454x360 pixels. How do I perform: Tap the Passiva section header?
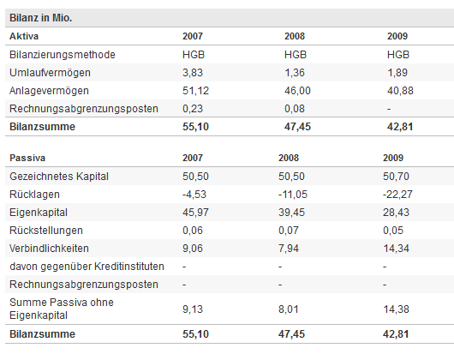pos(28,159)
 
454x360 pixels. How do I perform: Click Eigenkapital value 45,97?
pos(195,213)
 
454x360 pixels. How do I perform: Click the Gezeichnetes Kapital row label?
pos(60,177)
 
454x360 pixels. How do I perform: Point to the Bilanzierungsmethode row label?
pos(63,55)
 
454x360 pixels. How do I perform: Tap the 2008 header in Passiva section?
pos(290,159)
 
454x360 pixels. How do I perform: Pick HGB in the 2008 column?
pos(296,55)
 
